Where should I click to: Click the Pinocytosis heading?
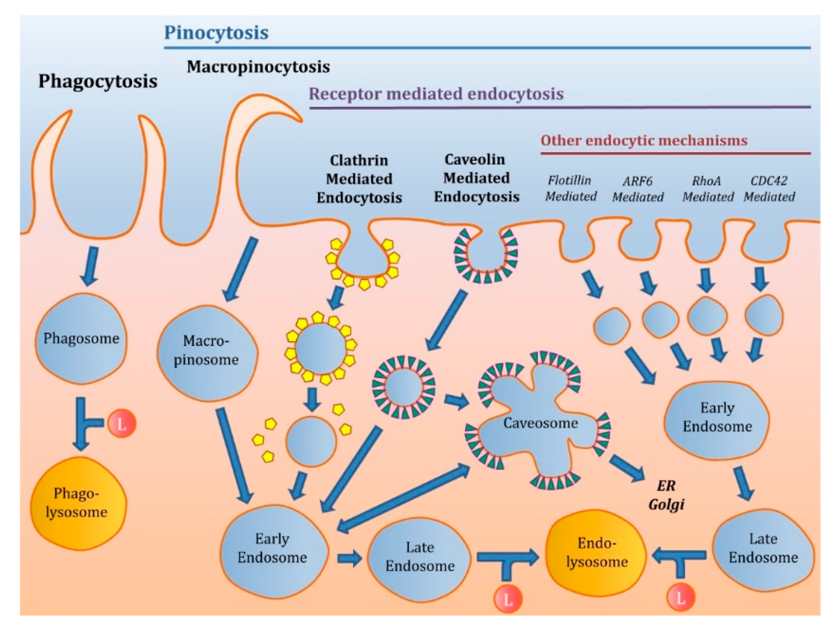tap(216, 33)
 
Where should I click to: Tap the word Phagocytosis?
tap(98, 81)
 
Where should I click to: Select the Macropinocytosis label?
tap(258, 67)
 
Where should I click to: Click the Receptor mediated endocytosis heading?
tap(436, 94)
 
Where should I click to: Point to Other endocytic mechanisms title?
tap(644, 140)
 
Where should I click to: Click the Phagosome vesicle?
tap(81, 338)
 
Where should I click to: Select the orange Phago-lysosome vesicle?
tap(78, 503)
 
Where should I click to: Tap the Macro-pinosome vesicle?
tap(206, 351)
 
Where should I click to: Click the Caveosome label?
tap(540, 423)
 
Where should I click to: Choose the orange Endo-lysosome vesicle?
tap(596, 552)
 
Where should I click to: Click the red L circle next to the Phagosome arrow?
tap(122, 424)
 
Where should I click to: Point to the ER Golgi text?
tap(666, 495)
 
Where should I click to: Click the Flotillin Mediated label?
tap(570, 188)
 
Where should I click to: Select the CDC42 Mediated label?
tap(769, 189)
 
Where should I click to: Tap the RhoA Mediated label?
tap(707, 189)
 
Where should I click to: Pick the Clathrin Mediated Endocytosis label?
tap(359, 179)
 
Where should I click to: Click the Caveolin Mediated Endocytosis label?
tap(476, 178)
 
